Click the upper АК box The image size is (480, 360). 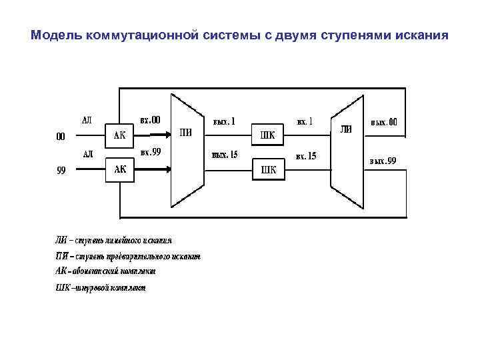(121, 135)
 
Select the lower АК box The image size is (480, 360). (121, 169)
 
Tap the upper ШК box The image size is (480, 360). (267, 136)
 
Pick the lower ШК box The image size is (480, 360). (267, 170)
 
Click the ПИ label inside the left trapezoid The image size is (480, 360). (186, 132)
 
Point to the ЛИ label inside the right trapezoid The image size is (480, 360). (347, 129)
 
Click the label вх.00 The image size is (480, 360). (150, 120)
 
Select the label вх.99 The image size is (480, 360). (150, 153)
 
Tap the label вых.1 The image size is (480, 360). (224, 121)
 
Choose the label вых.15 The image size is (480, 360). (225, 155)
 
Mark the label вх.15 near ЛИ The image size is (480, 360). (306, 156)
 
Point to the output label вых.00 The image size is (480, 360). (384, 122)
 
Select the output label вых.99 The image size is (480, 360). (383, 161)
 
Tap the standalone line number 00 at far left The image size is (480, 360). (60, 137)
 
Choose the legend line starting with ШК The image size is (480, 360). (99, 288)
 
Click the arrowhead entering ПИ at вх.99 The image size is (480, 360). (167, 169)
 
